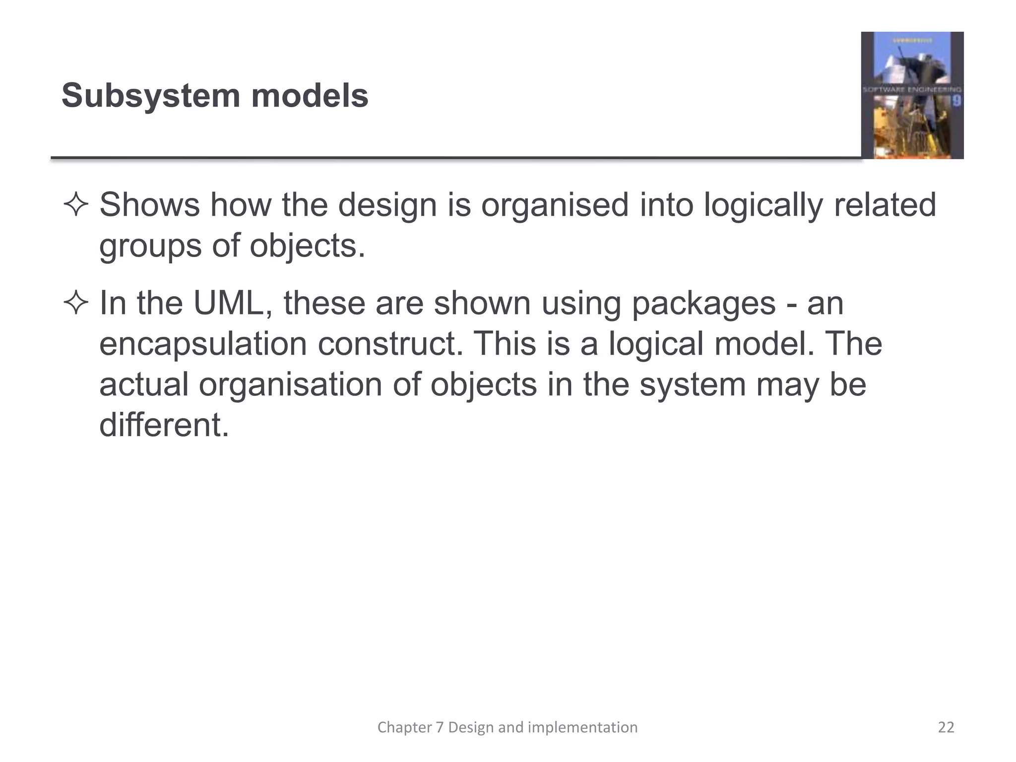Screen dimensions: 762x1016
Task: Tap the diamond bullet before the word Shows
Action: (76, 205)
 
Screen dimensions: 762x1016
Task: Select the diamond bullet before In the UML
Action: (76, 304)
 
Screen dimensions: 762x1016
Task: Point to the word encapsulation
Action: (203, 344)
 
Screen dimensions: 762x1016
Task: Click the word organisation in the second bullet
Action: (290, 385)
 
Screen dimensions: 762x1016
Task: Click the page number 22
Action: (946, 727)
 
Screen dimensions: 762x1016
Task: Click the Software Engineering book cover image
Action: (912, 95)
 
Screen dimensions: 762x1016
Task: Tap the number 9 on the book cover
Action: (957, 101)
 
